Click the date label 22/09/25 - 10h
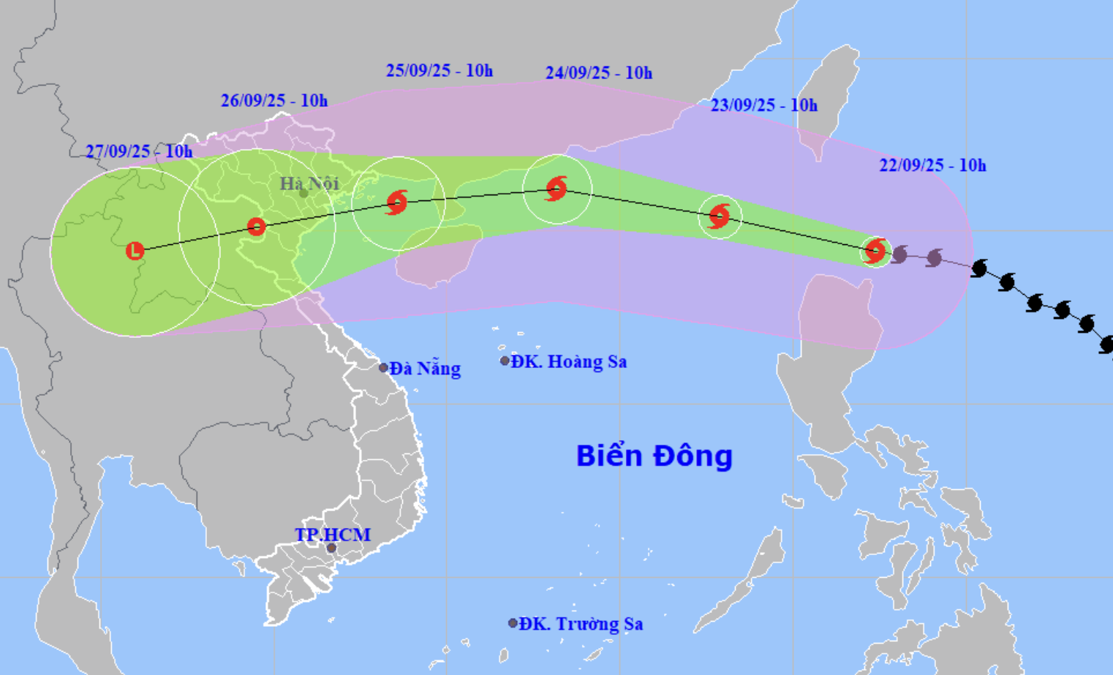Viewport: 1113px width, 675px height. click(932, 165)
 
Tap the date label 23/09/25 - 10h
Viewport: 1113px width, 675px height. click(763, 105)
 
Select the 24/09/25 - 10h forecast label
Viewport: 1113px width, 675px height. click(598, 73)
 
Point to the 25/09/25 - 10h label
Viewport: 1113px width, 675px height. click(439, 71)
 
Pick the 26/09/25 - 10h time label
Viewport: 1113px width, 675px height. click(274, 101)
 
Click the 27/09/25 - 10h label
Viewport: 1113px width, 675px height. click(139, 151)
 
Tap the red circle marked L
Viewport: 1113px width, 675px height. click(135, 251)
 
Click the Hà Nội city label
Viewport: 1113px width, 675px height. click(309, 183)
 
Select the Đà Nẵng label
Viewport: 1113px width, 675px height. click(425, 369)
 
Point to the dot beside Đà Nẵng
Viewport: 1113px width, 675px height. click(383, 368)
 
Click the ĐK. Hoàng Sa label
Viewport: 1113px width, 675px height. click(568, 361)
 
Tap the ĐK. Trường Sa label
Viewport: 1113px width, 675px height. click(581, 624)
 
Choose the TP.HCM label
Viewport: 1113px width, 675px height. click(333, 535)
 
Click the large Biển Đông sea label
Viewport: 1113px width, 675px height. click(654, 456)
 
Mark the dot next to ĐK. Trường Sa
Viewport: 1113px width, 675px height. click(513, 623)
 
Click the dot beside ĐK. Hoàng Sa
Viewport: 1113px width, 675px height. click(505, 361)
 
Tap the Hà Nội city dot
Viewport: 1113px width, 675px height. click(303, 194)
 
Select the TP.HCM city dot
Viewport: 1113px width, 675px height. click(331, 548)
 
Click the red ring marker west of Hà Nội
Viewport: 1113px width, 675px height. click(256, 227)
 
